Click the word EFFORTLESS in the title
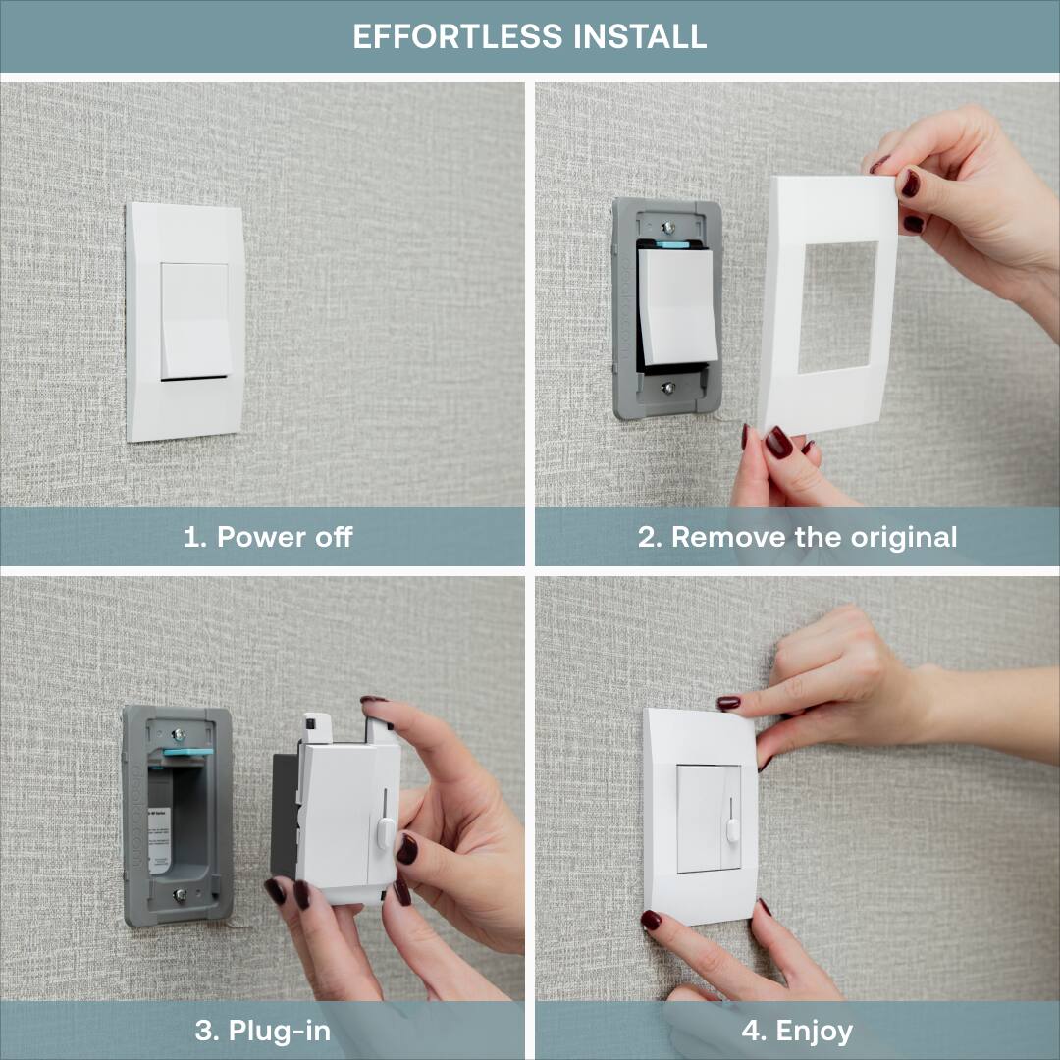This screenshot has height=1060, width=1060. click(x=455, y=36)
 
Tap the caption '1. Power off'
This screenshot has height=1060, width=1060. click(x=268, y=537)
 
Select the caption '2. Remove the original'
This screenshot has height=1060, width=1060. click(x=797, y=537)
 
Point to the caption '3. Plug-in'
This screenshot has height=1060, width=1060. click(x=263, y=1031)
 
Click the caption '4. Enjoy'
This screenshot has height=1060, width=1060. click(x=797, y=1031)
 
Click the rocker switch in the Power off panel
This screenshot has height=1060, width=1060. click(x=194, y=320)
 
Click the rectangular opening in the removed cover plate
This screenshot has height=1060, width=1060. click(x=836, y=306)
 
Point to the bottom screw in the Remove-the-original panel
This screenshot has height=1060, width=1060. click(x=667, y=387)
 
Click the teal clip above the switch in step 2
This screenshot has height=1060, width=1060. click(x=672, y=244)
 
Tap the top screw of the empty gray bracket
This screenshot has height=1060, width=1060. click(x=179, y=733)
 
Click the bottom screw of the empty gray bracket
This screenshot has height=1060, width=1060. click(x=179, y=894)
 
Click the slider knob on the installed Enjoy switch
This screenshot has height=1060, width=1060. click(x=732, y=830)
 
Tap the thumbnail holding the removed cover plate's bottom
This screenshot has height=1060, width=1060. click(x=778, y=443)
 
